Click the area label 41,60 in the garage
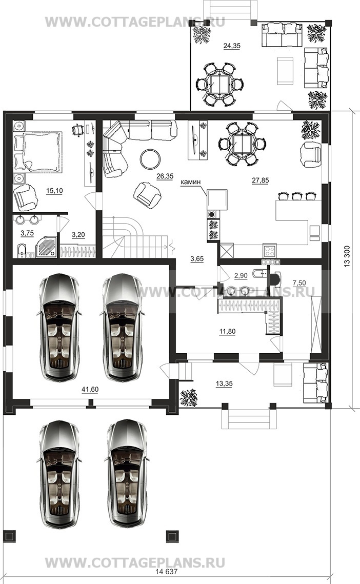(x=90, y=390)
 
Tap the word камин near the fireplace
(x=190, y=182)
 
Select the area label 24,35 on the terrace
(x=232, y=46)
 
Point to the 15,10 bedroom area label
(x=54, y=191)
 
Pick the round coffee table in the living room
(x=150, y=159)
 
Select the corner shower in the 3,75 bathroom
(x=47, y=246)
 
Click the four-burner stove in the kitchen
(x=269, y=249)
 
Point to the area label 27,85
(x=260, y=180)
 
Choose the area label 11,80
(x=227, y=331)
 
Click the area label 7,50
(x=299, y=284)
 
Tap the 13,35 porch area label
(x=224, y=384)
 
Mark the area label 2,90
(x=241, y=276)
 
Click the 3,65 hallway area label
(x=197, y=259)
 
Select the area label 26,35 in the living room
(x=165, y=176)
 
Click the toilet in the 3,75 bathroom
(x=22, y=251)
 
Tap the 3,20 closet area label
(x=78, y=235)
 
